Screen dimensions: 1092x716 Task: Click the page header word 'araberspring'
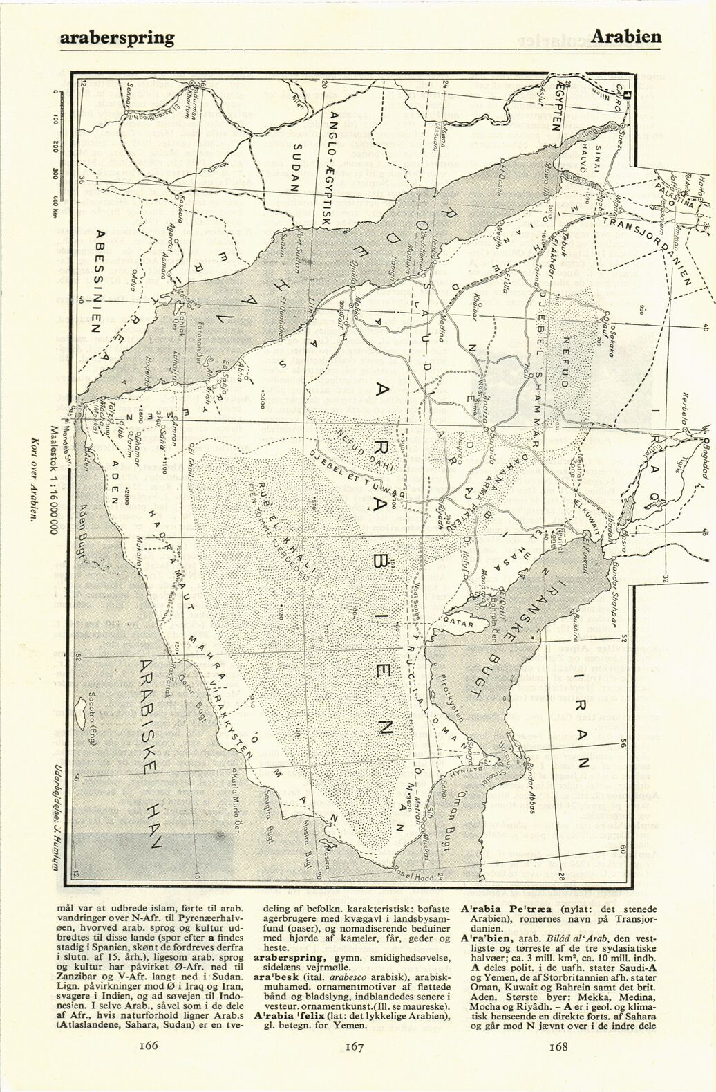pos(117,37)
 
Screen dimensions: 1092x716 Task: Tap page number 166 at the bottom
pos(149,1064)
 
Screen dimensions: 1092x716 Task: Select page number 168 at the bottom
pos(558,1066)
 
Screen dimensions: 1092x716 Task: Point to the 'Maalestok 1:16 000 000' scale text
pos(52,477)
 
